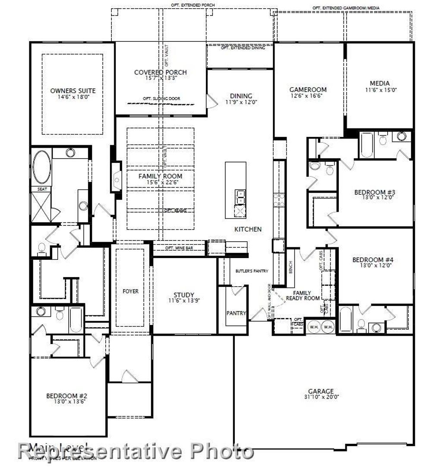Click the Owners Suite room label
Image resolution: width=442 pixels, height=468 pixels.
tap(73, 90)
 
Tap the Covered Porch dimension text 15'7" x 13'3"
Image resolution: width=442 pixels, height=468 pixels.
tap(161, 78)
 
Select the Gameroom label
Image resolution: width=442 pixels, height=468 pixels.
tap(308, 90)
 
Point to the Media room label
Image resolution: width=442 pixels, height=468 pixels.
tap(380, 83)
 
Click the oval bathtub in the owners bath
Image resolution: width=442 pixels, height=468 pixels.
tap(42, 167)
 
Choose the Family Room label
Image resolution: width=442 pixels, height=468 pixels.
tap(160, 176)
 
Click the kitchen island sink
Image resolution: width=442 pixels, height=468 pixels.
tap(240, 196)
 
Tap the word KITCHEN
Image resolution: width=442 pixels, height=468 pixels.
tap(248, 229)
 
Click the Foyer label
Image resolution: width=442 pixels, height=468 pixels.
tap(130, 291)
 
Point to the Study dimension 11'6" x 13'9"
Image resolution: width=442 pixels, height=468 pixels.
tap(184, 301)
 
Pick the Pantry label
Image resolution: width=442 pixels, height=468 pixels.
tap(236, 313)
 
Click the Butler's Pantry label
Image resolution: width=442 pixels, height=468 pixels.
tap(252, 271)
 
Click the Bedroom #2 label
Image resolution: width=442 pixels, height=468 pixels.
tap(67, 396)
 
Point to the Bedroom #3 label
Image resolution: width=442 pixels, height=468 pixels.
tap(375, 192)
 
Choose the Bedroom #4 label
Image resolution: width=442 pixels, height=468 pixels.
tap(373, 260)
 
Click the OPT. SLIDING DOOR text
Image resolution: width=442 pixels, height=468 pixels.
tap(161, 99)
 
